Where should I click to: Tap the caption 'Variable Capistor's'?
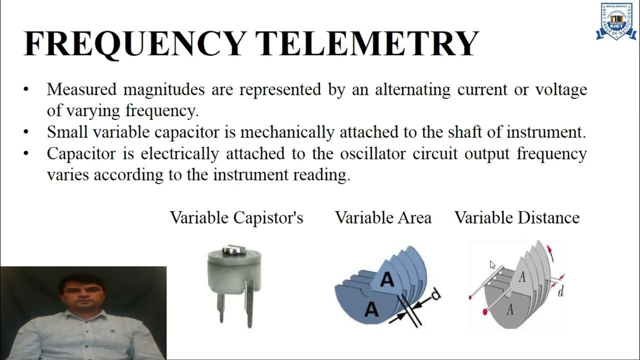[x=236, y=218]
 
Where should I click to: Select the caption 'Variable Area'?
[x=383, y=218]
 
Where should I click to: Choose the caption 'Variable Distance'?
[x=516, y=218]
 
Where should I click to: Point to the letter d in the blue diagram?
[x=435, y=294]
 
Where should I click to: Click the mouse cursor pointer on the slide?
[x=492, y=265]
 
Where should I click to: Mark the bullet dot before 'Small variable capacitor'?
[x=26, y=133]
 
